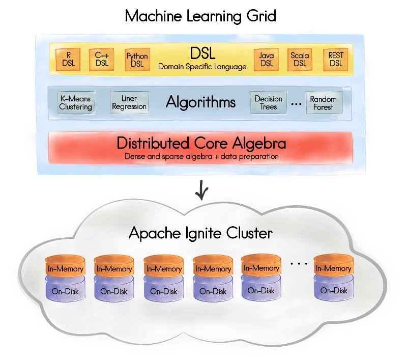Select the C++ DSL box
[102, 59]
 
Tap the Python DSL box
[137, 59]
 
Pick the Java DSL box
[266, 59]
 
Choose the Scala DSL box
[300, 59]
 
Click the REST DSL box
[336, 59]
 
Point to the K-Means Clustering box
[76, 102]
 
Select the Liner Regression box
[129, 102]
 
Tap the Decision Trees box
[268, 102]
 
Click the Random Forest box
[324, 103]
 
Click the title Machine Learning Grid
[200, 16]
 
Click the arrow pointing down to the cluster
[202, 191]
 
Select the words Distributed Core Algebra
[201, 143]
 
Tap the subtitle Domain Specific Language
[202, 67]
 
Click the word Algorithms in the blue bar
[200, 102]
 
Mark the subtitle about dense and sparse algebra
[201, 156]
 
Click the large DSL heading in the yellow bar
[202, 53]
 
